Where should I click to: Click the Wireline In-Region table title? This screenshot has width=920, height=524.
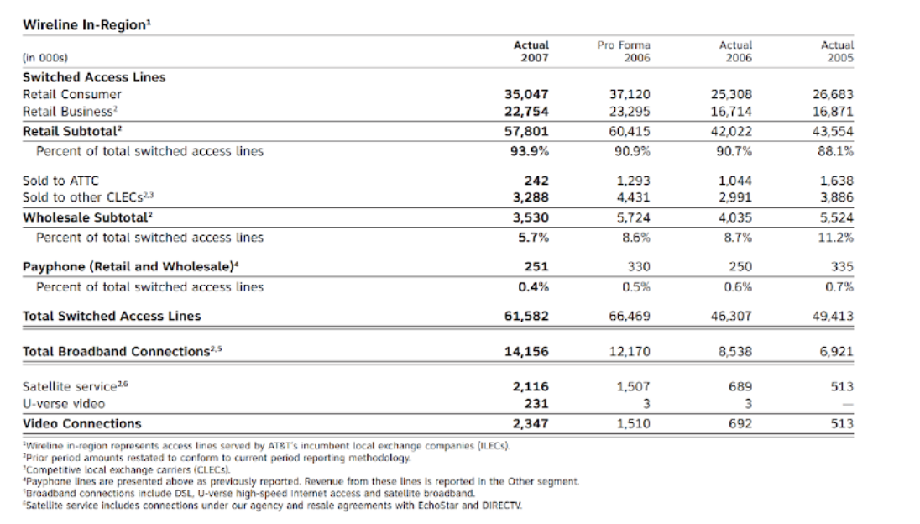pyautogui.click(x=86, y=24)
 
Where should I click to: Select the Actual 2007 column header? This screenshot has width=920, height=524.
pyautogui.click(x=531, y=51)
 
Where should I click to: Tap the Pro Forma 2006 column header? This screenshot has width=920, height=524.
pyautogui.click(x=624, y=51)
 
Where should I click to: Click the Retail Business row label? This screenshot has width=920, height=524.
pyautogui.click(x=69, y=111)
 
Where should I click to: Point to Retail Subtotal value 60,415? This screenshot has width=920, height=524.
pyautogui.click(x=629, y=131)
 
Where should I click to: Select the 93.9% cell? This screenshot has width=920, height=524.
pyautogui.click(x=531, y=151)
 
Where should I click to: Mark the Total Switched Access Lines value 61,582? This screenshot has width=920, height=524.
pyautogui.click(x=526, y=317)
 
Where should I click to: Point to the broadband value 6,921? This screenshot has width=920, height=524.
pyautogui.click(x=836, y=352)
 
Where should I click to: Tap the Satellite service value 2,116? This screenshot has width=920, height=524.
pyautogui.click(x=531, y=387)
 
